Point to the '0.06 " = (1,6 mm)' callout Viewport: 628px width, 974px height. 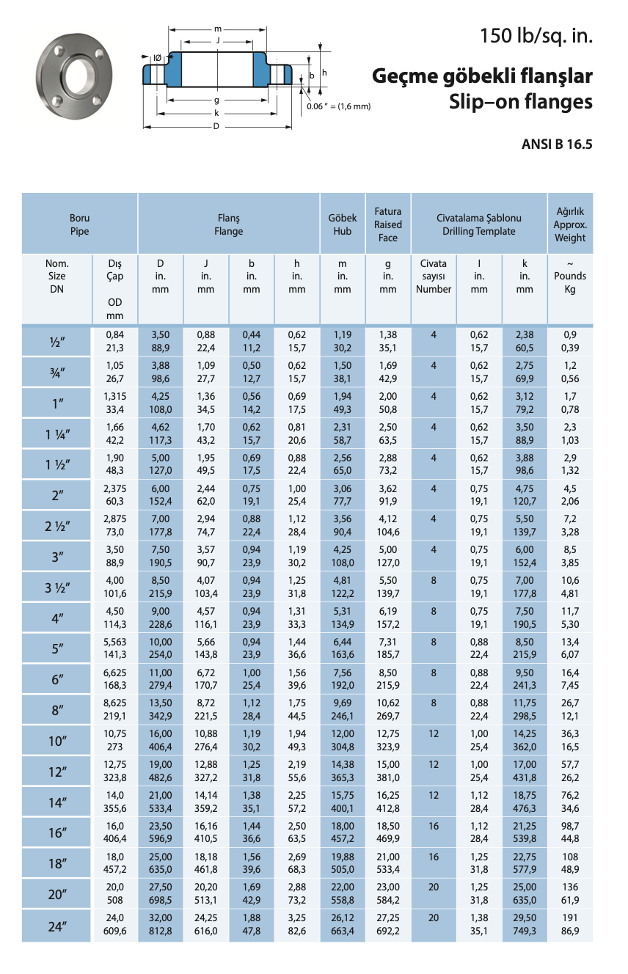(339, 106)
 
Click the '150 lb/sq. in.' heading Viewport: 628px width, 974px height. (536, 35)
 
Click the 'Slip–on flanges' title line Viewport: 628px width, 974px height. (520, 102)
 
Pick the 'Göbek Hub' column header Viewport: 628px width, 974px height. (343, 224)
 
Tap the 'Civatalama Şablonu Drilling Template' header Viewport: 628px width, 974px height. (478, 224)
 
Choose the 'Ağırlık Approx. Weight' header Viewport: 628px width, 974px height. (570, 224)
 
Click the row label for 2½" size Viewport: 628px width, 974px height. (57, 527)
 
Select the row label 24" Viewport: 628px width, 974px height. (57, 926)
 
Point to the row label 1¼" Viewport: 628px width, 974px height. (57, 434)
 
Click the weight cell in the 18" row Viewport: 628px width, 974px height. (570, 863)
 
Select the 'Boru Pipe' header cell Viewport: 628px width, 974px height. (79, 224)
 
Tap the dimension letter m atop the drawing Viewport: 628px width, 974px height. (218, 29)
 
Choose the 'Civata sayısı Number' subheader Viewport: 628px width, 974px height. (434, 277)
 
